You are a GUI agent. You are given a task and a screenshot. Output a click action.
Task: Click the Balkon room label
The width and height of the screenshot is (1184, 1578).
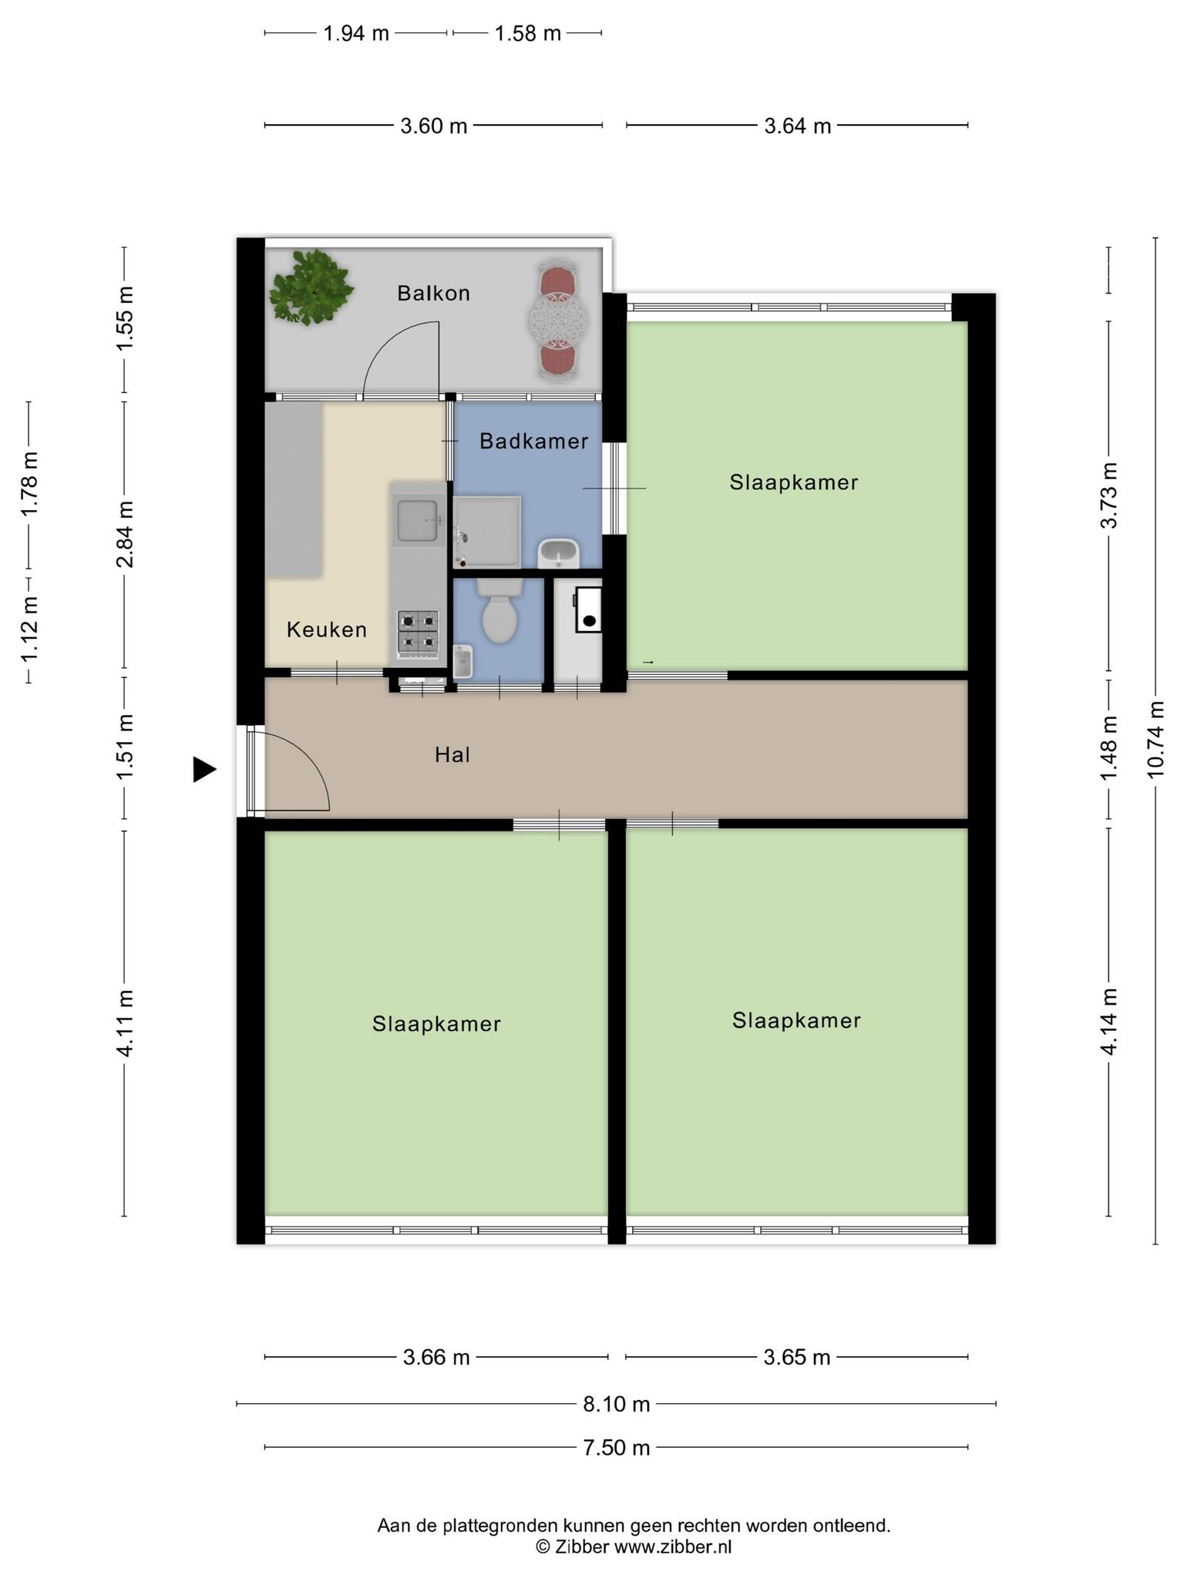point(433,294)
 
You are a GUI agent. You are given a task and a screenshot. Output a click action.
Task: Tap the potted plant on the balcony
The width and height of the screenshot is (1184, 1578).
point(311,287)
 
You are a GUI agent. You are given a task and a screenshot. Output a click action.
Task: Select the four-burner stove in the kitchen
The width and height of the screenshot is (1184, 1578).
point(418,632)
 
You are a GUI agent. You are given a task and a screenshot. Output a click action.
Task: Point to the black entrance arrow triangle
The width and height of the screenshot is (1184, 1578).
point(204,769)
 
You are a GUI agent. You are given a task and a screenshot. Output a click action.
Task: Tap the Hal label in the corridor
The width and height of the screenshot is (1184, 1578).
point(452,755)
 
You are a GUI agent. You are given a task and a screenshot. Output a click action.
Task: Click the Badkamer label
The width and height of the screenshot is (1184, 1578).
point(533,442)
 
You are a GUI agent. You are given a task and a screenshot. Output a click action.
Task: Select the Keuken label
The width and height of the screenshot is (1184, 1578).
point(327,630)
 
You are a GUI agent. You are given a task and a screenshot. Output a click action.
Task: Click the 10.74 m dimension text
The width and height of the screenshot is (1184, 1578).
point(1155,740)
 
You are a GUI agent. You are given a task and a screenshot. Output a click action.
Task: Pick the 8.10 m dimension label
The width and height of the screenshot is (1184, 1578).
point(617,1405)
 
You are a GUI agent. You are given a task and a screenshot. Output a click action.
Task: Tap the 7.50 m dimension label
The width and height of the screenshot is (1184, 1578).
point(617,1448)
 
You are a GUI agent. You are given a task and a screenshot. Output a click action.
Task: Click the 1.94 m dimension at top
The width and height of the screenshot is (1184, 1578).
point(356,34)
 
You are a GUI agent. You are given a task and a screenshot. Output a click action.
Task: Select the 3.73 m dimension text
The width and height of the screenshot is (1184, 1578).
point(1109,495)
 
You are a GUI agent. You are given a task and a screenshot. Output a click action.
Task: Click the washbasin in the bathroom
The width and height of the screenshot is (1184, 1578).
point(558,553)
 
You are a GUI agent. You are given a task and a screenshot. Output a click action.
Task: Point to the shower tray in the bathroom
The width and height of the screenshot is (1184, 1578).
point(486,532)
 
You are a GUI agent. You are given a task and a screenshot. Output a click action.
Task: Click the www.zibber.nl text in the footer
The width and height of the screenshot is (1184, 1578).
point(672,1546)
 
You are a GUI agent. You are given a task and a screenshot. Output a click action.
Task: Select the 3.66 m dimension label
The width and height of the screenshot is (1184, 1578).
point(436,1357)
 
